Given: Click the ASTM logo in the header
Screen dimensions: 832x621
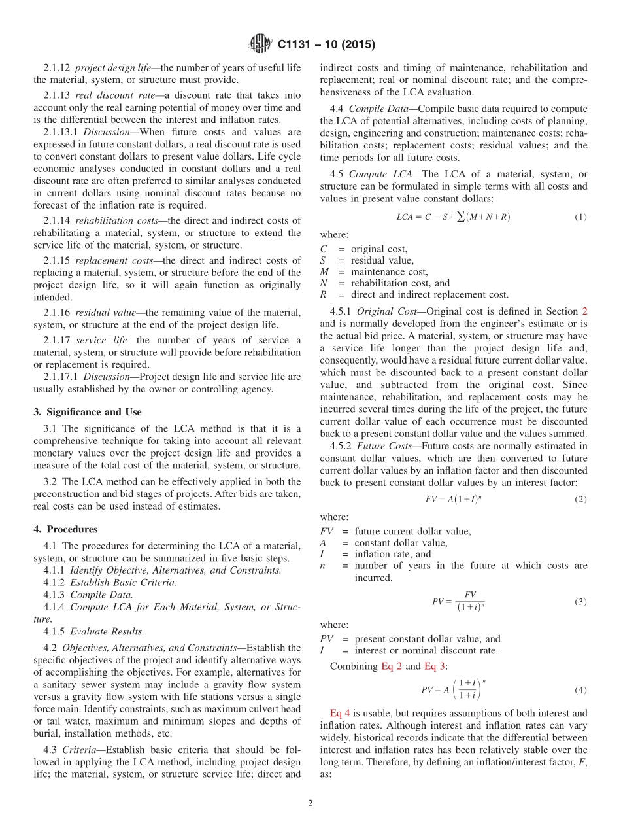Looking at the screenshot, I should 260,44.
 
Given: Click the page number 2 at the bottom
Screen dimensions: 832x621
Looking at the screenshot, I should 310,803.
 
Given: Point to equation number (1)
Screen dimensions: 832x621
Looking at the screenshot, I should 580,217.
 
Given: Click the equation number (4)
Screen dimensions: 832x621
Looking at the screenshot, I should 580,690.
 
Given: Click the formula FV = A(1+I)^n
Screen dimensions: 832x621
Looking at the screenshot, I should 454,499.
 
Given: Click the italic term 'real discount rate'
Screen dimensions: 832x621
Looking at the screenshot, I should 110,95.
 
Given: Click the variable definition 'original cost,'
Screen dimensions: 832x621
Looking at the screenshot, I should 379,249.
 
